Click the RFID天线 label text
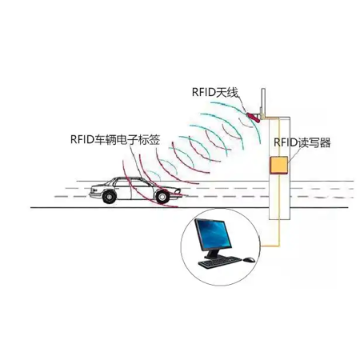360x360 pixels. pos(214,93)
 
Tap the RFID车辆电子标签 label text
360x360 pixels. pos(115,139)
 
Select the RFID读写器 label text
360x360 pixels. pos(302,142)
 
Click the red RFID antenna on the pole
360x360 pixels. pos(254,118)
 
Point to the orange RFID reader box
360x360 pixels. pos(279,166)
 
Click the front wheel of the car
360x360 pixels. pos(162,197)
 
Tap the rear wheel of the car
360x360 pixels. pos(109,197)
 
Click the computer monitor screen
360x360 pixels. pos(214,235)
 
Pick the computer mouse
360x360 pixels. pos(249,259)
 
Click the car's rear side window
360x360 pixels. pos(122,183)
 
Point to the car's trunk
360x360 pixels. pos(97,187)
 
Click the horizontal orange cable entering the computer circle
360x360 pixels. pos(270,246)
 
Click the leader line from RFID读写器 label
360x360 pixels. pos(293,154)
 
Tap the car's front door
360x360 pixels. pos(140,190)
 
